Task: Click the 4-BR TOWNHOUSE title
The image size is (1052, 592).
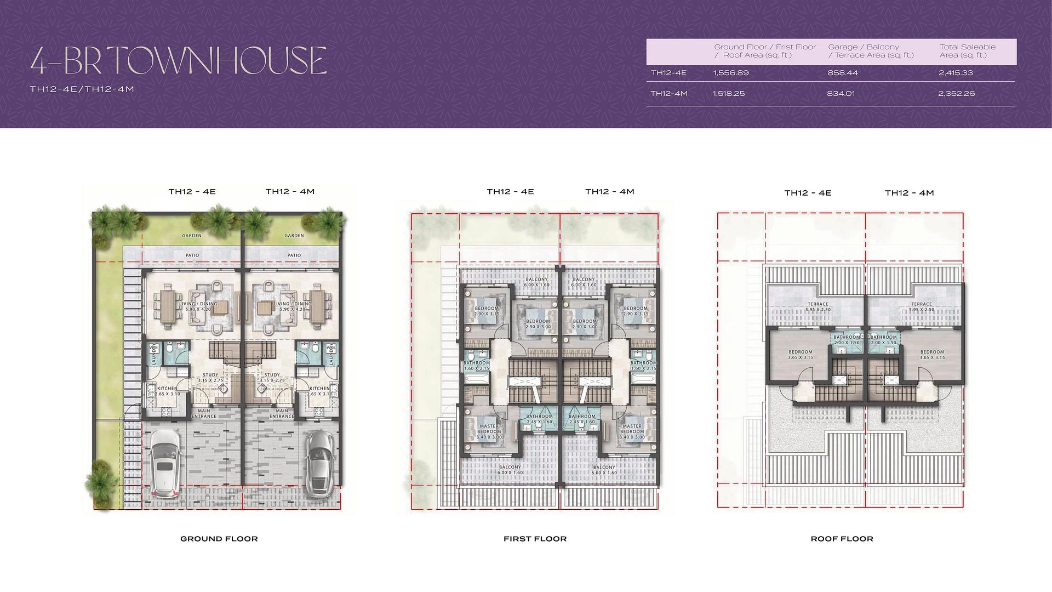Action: point(178,60)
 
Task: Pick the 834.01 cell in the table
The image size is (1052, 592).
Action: point(841,94)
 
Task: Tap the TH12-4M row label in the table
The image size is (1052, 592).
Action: point(668,94)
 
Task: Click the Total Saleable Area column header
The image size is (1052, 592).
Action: point(967,51)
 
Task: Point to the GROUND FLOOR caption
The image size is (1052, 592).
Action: point(219,539)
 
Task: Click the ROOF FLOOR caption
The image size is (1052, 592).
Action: point(842,539)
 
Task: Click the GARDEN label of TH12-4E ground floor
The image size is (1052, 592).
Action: point(192,236)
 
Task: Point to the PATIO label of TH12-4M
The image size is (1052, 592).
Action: point(294,255)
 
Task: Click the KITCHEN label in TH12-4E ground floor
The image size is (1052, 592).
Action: point(167,389)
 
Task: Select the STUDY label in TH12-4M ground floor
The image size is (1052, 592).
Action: point(272,375)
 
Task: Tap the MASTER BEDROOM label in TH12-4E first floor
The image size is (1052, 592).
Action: point(489,429)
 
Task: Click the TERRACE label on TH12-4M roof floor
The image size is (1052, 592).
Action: point(921,304)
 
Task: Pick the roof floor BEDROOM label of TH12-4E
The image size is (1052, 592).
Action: point(800,352)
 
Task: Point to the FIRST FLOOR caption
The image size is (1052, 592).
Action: point(535,539)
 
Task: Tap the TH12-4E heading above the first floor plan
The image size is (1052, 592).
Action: point(510,192)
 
